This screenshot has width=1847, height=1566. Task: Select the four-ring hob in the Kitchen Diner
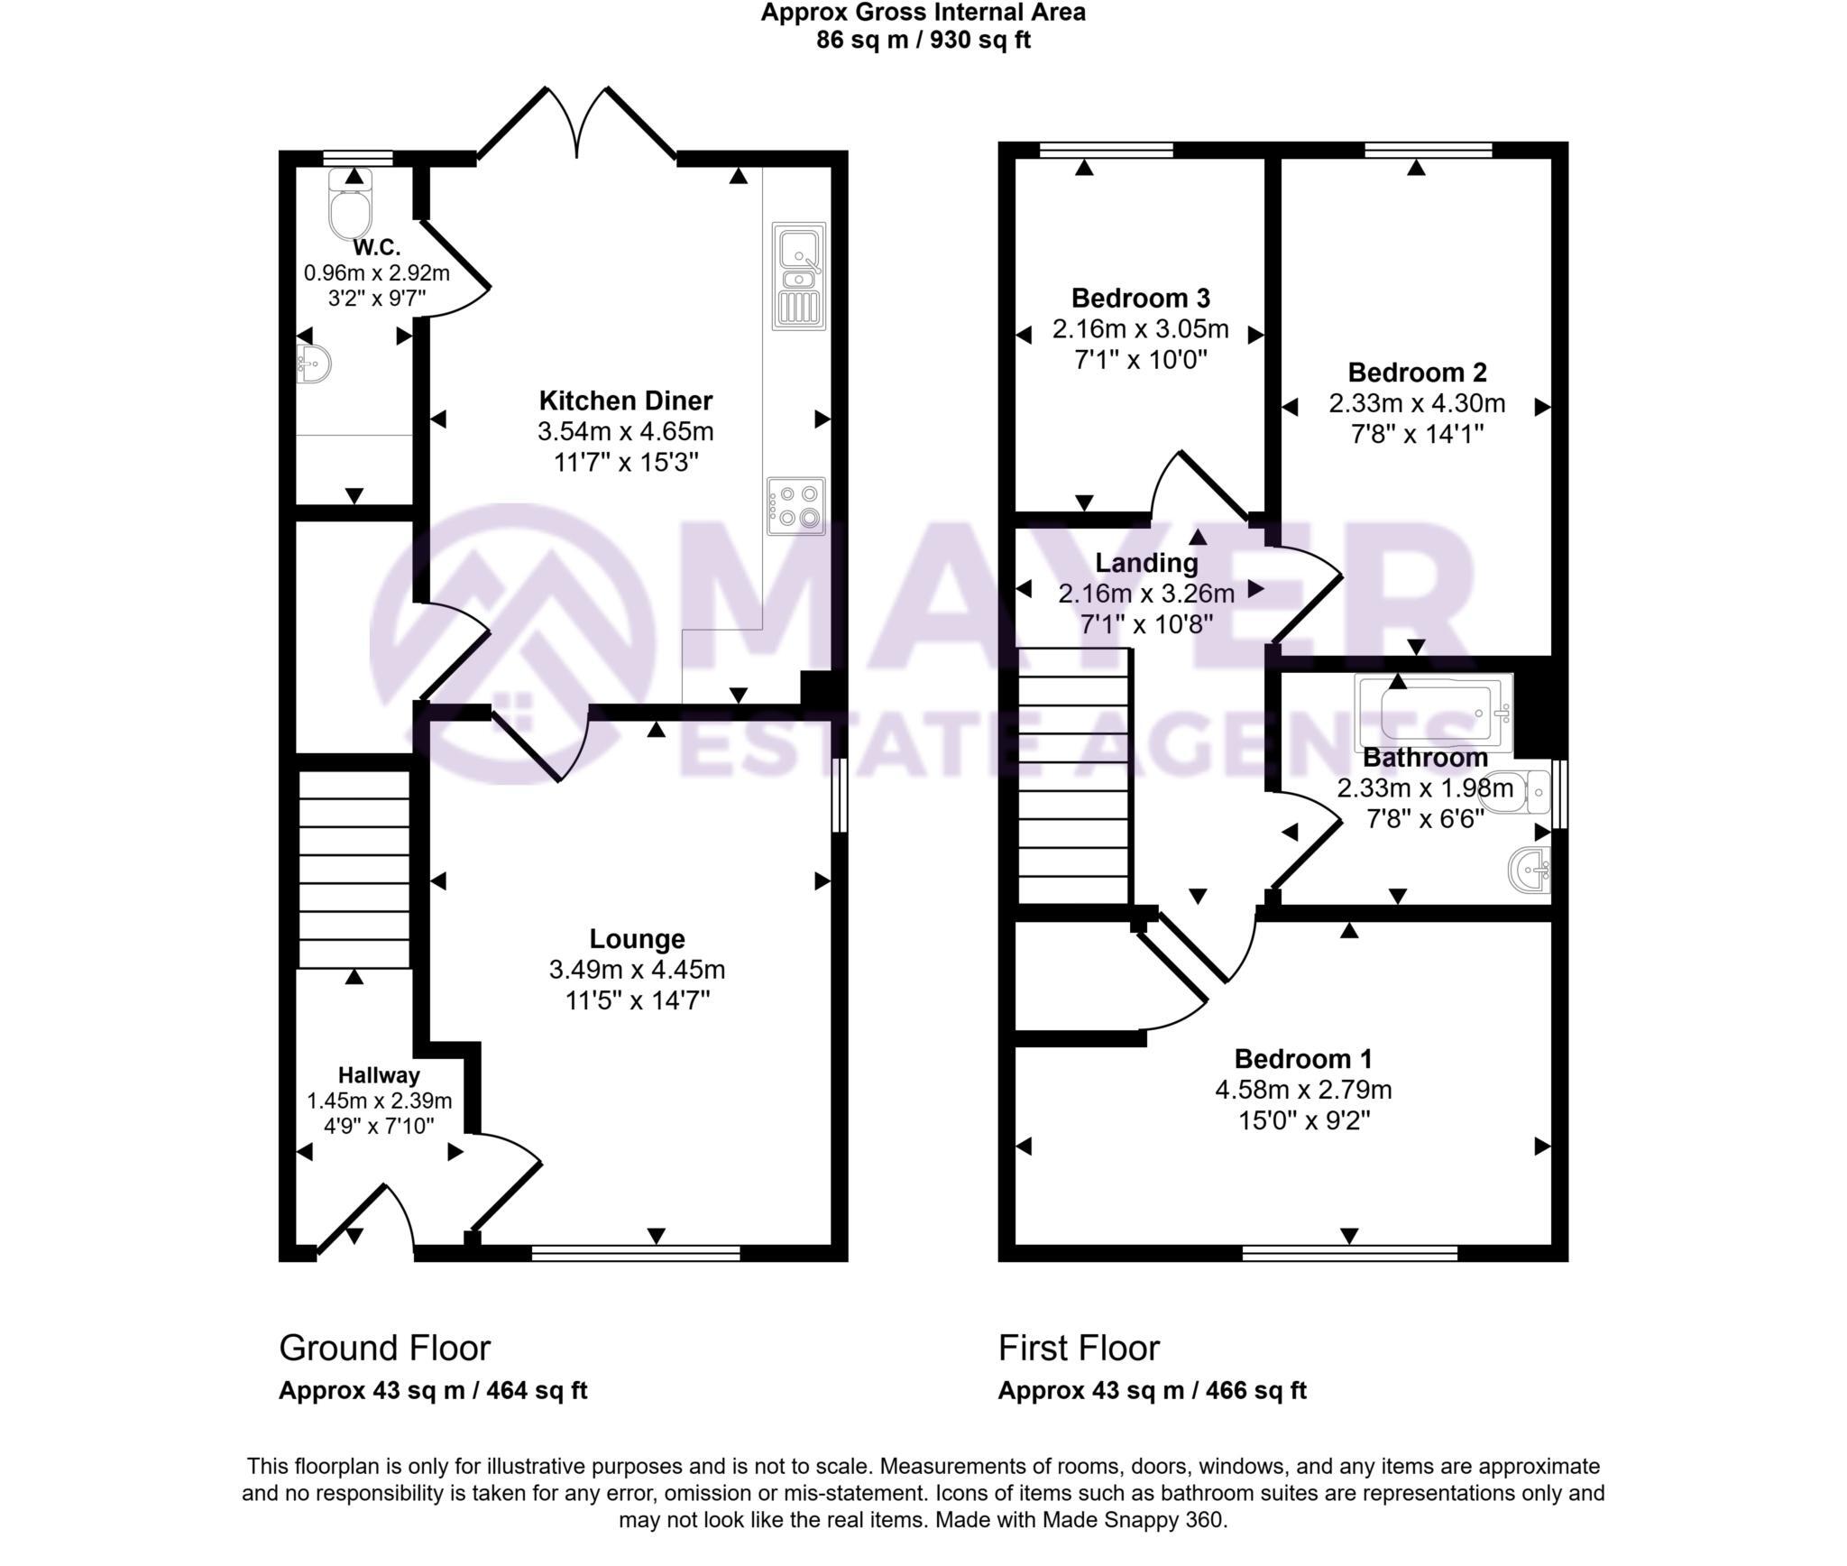point(796,506)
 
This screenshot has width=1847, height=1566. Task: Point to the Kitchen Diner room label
point(625,401)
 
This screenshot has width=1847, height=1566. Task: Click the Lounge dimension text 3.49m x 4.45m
point(637,970)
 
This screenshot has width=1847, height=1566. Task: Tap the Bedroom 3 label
point(1140,298)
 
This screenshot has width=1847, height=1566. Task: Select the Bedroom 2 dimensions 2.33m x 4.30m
point(1416,403)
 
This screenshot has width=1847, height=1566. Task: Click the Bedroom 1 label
point(1302,1058)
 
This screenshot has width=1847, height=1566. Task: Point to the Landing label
point(1145,563)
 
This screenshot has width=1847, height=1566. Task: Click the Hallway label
point(379,1075)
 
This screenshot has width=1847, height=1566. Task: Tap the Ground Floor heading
point(384,1348)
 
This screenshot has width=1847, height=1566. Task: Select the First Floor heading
point(1078,1348)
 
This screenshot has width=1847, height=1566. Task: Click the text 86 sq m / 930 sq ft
point(923,40)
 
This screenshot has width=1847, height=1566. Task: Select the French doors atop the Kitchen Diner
point(577,126)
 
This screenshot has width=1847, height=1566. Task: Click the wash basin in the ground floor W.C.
point(314,364)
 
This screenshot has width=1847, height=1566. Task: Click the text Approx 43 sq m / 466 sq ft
point(1151,1390)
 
